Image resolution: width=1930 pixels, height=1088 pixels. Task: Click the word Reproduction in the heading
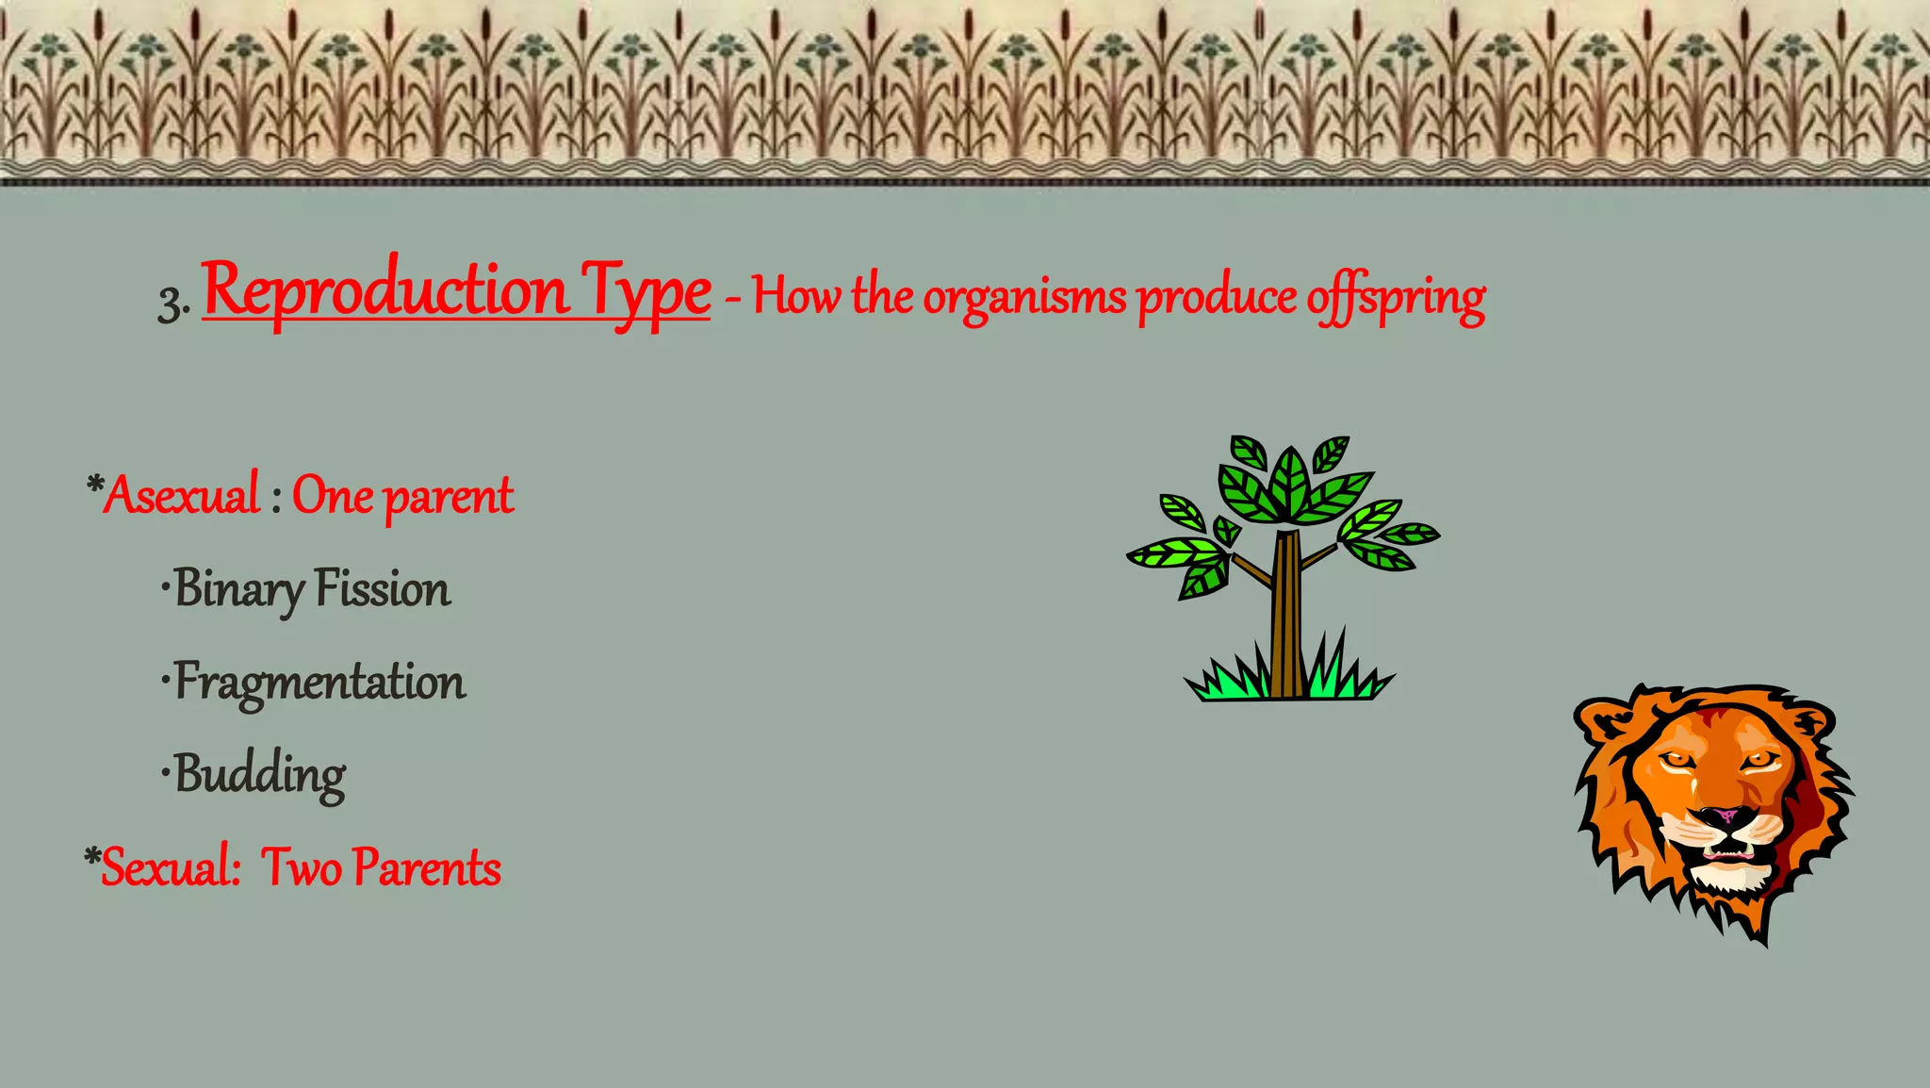click(x=384, y=290)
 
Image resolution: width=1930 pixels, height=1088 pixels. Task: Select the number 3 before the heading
click(x=170, y=304)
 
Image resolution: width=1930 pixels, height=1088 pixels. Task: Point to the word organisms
click(x=1024, y=298)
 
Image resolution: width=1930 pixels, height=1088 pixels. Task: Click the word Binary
click(x=238, y=590)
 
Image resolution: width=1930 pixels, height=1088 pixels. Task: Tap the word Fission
click(x=382, y=588)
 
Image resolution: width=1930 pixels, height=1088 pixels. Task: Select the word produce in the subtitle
click(x=1217, y=298)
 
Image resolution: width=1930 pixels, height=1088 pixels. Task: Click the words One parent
click(x=402, y=496)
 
